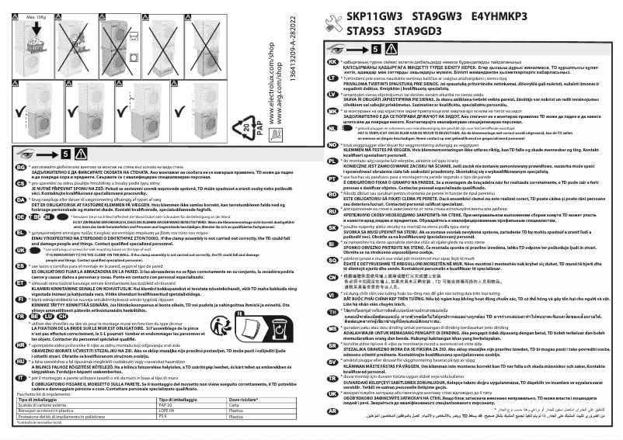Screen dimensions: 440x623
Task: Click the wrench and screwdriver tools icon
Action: coord(335,23)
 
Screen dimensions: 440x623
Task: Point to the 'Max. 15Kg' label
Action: coord(33,16)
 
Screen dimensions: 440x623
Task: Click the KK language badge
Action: coord(333,61)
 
